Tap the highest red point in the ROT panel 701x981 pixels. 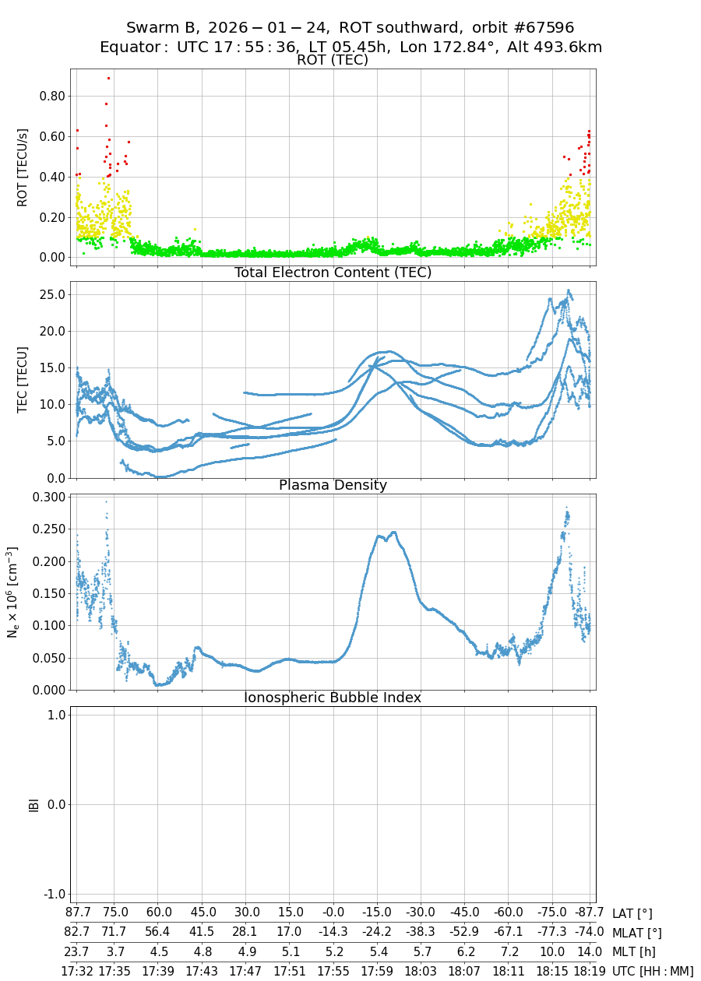click(x=108, y=78)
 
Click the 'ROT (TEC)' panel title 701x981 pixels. click(x=333, y=61)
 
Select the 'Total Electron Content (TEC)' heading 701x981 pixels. click(x=333, y=272)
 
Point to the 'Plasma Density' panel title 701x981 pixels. click(x=333, y=485)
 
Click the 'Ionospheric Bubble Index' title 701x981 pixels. click(x=333, y=698)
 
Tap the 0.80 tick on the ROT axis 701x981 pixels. click(x=48, y=97)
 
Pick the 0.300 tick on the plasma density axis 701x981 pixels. click(x=44, y=497)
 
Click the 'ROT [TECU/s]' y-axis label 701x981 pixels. click(x=23, y=167)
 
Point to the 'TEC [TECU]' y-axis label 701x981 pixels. click(x=23, y=379)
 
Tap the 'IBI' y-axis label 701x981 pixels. click(x=33, y=804)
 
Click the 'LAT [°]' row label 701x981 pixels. click(x=632, y=913)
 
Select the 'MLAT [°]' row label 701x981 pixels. click(x=637, y=932)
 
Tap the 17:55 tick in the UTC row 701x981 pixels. click(x=333, y=971)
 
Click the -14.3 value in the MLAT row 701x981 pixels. click(x=333, y=932)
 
